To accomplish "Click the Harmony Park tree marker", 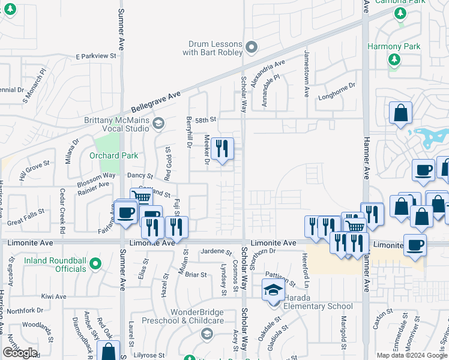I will coord(394,59).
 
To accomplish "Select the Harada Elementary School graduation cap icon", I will coord(273,290).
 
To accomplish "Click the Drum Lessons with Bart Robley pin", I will coord(252,46).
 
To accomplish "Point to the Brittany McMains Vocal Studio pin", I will coord(158,124).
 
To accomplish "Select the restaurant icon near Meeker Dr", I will coord(222,148).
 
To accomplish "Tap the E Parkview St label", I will coord(95,56).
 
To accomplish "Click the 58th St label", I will coord(204,120).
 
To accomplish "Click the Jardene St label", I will coord(216,252).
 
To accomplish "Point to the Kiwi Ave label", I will coord(53,296).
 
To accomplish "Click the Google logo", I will coord(20,353).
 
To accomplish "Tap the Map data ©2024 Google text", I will coord(412,355).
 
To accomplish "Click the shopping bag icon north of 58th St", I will coord(400,113).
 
